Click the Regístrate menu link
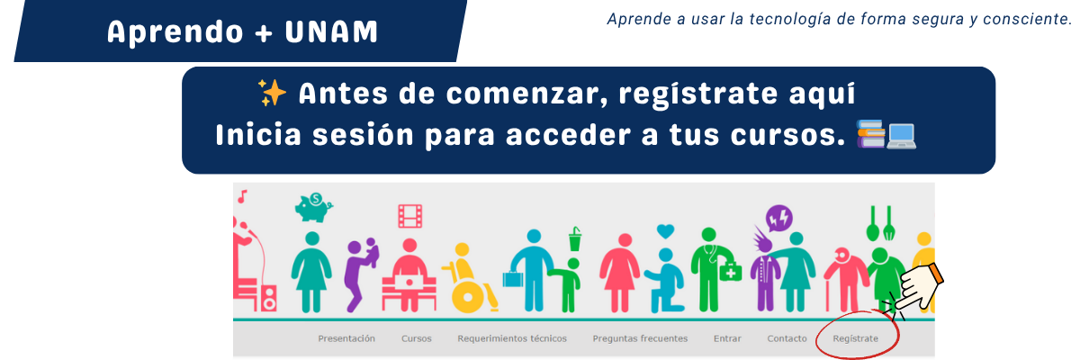[x=855, y=338]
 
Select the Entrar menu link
[x=727, y=338]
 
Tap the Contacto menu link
[x=787, y=338]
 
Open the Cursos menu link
[x=416, y=338]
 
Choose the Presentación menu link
[x=346, y=338]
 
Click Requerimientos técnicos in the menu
[x=512, y=338]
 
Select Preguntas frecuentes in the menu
[x=640, y=338]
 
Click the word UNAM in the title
[x=331, y=32]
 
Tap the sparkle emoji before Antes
[x=273, y=93]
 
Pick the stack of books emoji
[x=871, y=133]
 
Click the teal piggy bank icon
[x=314, y=207]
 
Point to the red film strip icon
[x=410, y=216]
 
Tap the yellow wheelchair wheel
[x=467, y=297]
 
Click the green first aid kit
[x=731, y=271]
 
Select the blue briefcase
[x=512, y=279]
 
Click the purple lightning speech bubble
[x=779, y=219]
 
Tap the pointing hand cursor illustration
[x=919, y=287]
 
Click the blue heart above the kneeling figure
[x=665, y=231]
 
